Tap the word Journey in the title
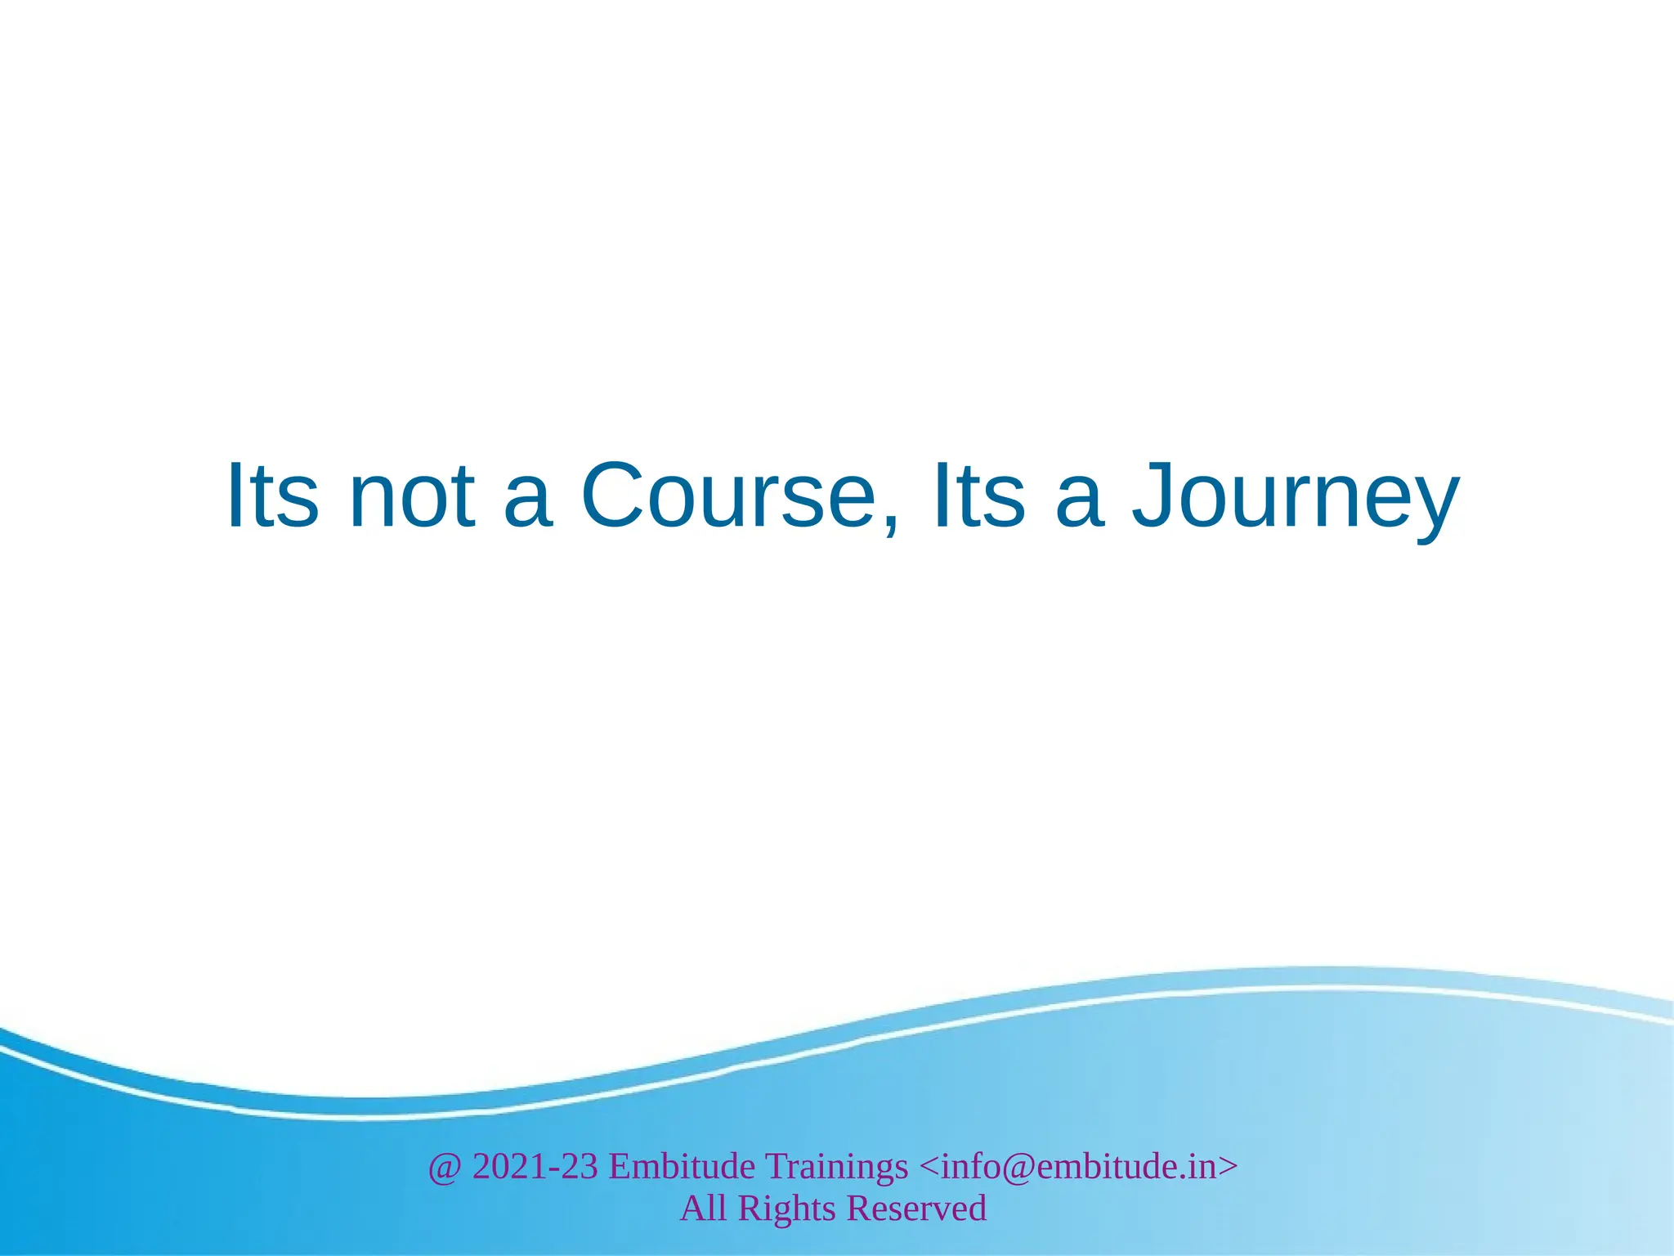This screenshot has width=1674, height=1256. click(x=1295, y=500)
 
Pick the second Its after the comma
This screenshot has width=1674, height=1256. click(x=978, y=496)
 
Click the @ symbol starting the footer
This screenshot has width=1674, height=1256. click(x=444, y=1167)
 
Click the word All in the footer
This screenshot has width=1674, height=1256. click(x=703, y=1209)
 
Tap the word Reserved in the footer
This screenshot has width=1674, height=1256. click(x=916, y=1209)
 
